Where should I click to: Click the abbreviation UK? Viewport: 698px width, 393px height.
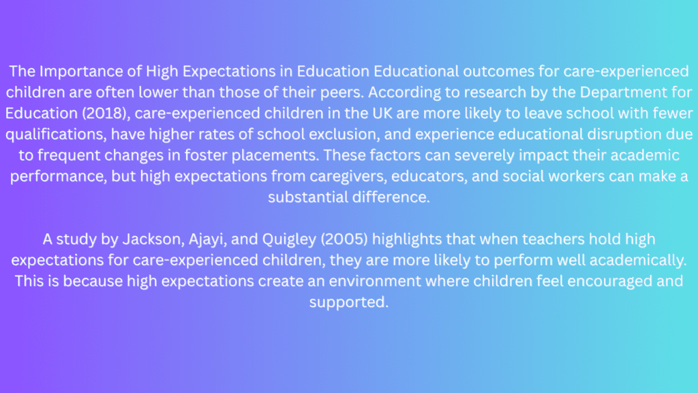382,113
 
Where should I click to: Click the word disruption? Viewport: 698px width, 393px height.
624,134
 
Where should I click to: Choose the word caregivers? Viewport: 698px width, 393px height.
348,176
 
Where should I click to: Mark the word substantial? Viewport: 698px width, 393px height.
307,197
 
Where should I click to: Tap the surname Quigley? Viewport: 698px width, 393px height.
289,239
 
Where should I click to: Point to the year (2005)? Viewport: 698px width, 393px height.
344,239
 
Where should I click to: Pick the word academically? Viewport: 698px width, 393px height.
638,260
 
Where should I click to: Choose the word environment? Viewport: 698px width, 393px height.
375,281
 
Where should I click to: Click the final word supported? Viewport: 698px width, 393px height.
349,302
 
